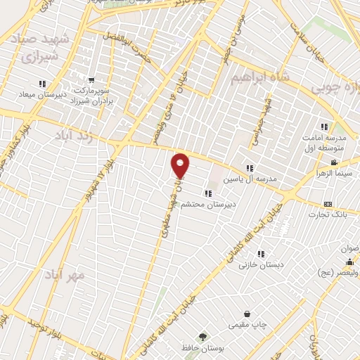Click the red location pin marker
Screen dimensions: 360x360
tap(181, 165)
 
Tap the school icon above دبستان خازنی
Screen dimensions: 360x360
tap(260, 254)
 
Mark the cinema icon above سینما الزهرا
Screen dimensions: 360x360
tap(333, 162)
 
